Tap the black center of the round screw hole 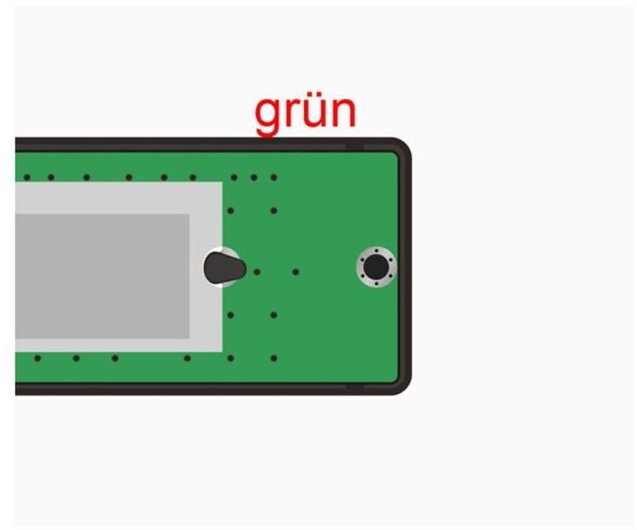pyautogui.click(x=375, y=267)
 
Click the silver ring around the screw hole pyautogui.click(x=375, y=252)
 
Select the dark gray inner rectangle pyautogui.click(x=100, y=276)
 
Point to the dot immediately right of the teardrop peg pyautogui.click(x=257, y=271)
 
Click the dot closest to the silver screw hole pyautogui.click(x=295, y=271)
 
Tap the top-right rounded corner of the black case pyautogui.click(x=400, y=149)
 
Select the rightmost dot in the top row pyautogui.click(x=273, y=177)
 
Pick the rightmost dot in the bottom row pyautogui.click(x=273, y=358)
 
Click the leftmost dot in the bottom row pyautogui.click(x=37, y=358)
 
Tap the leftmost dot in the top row pyautogui.click(x=27, y=177)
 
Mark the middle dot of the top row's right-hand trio pyautogui.click(x=253, y=177)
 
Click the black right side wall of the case pyautogui.click(x=406, y=267)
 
